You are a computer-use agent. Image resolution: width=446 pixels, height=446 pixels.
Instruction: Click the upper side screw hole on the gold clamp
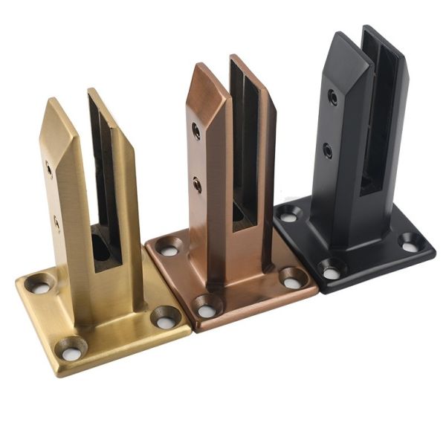pyautogui.click(x=50, y=169)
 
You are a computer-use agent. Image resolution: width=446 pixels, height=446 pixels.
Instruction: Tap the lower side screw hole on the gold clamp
pyautogui.click(x=56, y=222)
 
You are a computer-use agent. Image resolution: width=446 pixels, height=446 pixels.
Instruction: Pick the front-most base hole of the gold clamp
pyautogui.click(x=72, y=347)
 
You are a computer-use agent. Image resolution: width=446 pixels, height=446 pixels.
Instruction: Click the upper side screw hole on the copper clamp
pyautogui.click(x=196, y=131)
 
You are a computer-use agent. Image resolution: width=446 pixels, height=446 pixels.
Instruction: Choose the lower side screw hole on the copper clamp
pyautogui.click(x=198, y=185)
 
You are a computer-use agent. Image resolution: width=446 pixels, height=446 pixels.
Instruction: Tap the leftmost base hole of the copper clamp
pyautogui.click(x=168, y=247)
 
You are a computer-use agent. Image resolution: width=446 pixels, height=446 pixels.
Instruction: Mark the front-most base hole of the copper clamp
pyautogui.click(x=206, y=306)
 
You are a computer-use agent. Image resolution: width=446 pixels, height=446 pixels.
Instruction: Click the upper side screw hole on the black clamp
pyautogui.click(x=332, y=97)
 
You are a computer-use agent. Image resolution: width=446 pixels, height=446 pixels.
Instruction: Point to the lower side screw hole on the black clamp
pyautogui.click(x=328, y=151)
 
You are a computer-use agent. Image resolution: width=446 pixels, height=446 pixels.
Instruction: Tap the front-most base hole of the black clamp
pyautogui.click(x=331, y=270)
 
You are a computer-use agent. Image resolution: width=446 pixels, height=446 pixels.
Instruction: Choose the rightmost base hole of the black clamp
pyautogui.click(x=409, y=242)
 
